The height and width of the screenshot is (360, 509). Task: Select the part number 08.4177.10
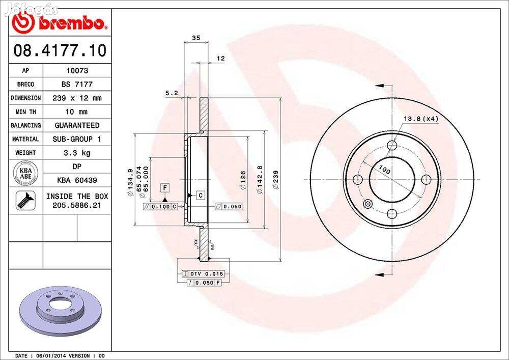click(60, 51)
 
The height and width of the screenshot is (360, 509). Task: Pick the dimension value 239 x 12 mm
click(77, 98)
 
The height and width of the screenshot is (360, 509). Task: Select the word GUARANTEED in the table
click(77, 125)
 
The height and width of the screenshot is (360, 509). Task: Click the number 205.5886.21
click(77, 205)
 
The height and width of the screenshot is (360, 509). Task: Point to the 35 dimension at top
click(195, 38)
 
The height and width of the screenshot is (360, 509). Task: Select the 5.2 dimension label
click(172, 93)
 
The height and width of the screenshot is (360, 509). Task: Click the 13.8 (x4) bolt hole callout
click(421, 119)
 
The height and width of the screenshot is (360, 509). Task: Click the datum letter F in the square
click(165, 188)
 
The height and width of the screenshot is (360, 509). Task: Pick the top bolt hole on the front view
click(391, 146)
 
